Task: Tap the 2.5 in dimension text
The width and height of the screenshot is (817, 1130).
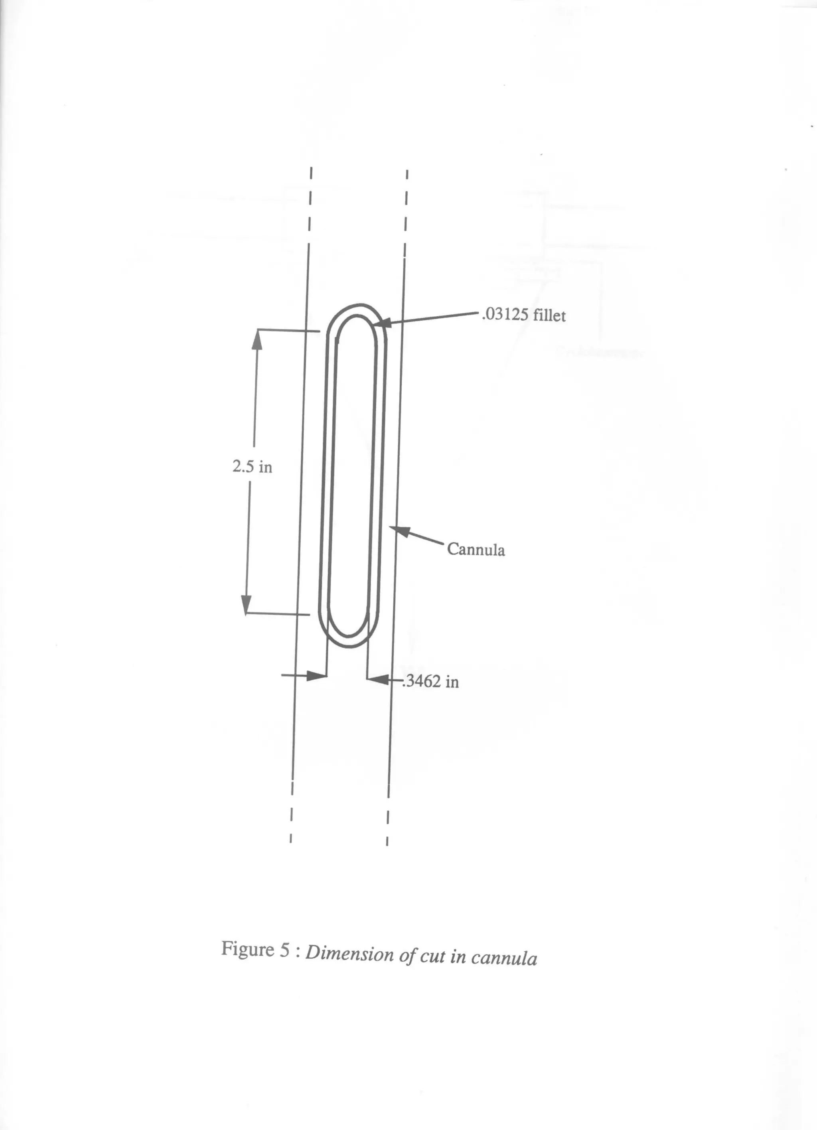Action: click(x=252, y=467)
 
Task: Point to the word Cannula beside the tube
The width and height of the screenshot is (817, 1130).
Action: click(x=476, y=549)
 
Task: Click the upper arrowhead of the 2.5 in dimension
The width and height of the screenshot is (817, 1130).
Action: click(x=257, y=339)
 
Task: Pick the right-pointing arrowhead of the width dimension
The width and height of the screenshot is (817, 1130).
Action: click(x=317, y=676)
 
